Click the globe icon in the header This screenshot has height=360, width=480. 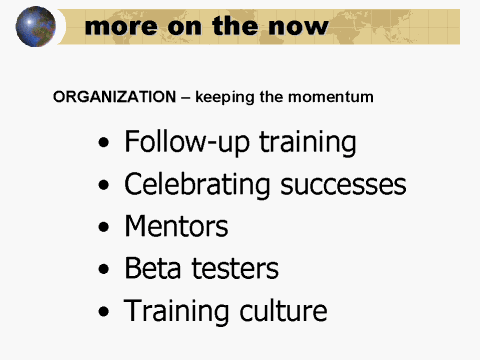tap(36, 26)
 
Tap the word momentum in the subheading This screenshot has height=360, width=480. tap(333, 98)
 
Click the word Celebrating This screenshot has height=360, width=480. tap(193, 185)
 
